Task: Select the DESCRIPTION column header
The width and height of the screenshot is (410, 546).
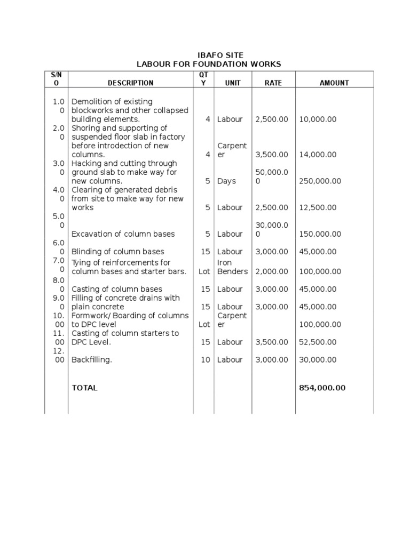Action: pos(130,83)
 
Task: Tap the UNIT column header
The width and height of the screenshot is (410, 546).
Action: pos(233,83)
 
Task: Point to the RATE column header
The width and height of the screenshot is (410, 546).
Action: pos(273,83)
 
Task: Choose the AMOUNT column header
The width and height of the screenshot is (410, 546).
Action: pos(334,83)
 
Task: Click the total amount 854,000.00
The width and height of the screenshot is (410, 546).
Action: pos(322,388)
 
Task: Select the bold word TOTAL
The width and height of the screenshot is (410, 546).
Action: pos(84,388)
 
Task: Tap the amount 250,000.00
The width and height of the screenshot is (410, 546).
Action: pos(320,181)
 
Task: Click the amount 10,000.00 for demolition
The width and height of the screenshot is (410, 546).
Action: pos(318,119)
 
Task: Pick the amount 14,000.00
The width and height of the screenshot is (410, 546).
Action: pos(318,155)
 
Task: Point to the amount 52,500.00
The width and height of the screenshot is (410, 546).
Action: pos(318,342)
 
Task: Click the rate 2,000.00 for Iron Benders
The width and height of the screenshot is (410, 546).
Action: pos(272,271)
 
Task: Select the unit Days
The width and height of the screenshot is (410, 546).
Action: pos(226,181)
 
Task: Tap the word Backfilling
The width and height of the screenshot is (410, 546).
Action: pos(92,360)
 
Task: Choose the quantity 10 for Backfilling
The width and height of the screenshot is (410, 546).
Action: pos(206,360)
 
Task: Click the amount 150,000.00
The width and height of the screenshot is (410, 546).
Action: pos(320,234)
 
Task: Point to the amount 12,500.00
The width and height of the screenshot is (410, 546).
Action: pos(318,207)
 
